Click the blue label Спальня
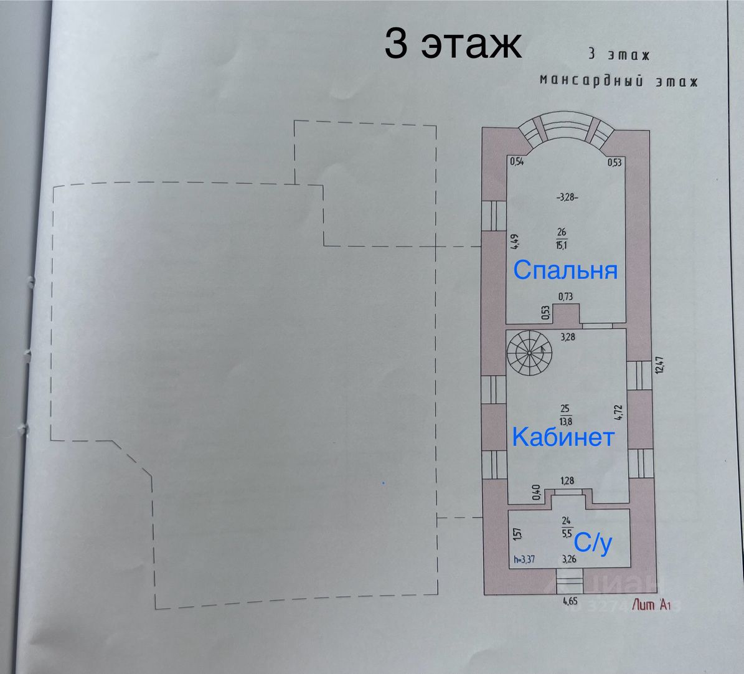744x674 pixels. [x=565, y=271]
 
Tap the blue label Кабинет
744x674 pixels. [x=563, y=437]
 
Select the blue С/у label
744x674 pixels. [x=593, y=544]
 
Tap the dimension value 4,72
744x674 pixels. [x=617, y=414]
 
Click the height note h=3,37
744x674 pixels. [x=524, y=560]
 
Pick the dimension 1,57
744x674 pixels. [x=516, y=534]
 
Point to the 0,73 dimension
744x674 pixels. [x=565, y=297]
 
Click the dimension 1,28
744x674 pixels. [x=567, y=480]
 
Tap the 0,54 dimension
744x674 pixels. [x=516, y=162]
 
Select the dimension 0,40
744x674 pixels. [x=536, y=491]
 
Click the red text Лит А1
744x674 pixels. [x=651, y=604]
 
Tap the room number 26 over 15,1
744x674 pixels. [x=562, y=239]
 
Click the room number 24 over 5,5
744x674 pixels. [x=567, y=526]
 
